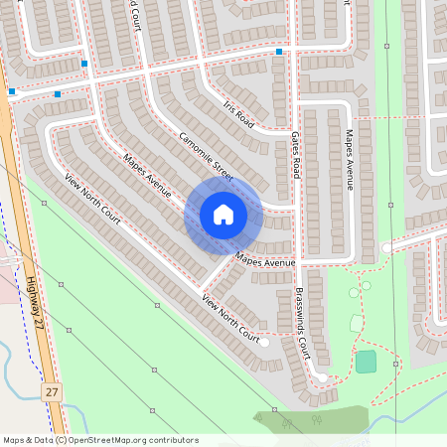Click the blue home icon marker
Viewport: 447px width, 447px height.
(x=223, y=215)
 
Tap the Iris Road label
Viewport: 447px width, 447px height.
(x=239, y=115)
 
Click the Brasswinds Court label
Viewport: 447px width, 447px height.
(x=303, y=324)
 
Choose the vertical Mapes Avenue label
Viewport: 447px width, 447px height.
(x=349, y=159)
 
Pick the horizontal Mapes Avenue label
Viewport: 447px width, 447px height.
(x=265, y=263)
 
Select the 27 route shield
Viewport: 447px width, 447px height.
(x=52, y=393)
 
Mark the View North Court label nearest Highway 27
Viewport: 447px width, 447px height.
(x=92, y=199)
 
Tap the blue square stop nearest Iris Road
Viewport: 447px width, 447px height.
(x=279, y=52)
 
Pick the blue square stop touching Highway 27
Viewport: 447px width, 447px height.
(x=11, y=92)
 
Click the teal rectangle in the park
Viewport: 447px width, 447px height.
(x=367, y=362)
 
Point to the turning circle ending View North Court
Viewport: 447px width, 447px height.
(x=264, y=343)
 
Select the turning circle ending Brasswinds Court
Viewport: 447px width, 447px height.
(x=322, y=377)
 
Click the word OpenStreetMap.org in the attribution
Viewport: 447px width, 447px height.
(x=113, y=439)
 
